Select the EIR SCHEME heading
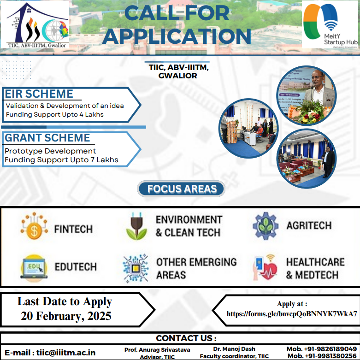click(39, 94)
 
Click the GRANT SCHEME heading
click(47, 138)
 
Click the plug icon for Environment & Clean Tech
click(136, 226)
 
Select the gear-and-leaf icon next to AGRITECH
click(266, 225)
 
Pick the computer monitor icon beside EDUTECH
click(34, 267)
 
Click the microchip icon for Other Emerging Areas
click(136, 268)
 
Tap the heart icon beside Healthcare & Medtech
click(266, 267)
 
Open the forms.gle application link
click(292, 314)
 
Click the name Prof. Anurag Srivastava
click(157, 349)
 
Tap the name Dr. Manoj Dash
click(234, 349)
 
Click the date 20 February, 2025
click(66, 316)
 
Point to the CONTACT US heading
click(186, 338)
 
